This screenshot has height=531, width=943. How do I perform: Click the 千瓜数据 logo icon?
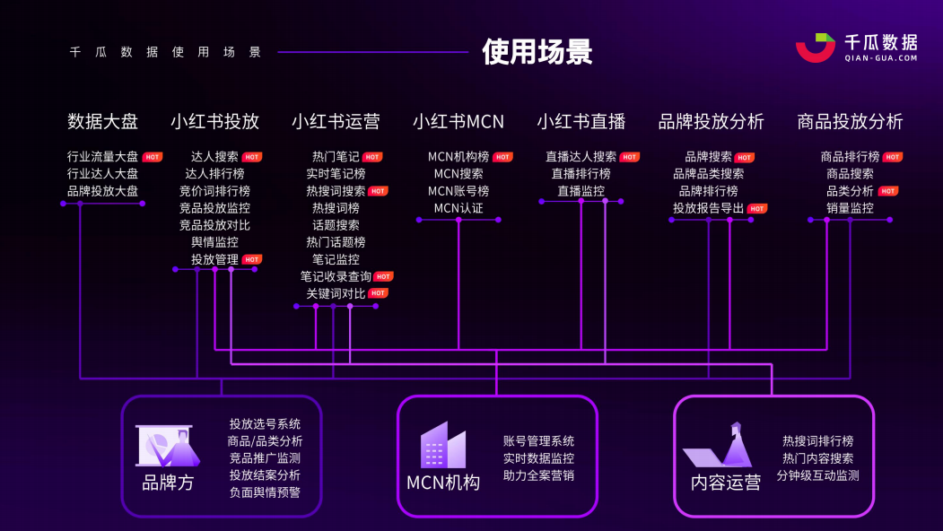pyautogui.click(x=815, y=48)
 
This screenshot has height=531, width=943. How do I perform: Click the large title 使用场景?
pyautogui.click(x=537, y=51)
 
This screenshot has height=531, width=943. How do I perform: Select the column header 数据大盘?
pyautogui.click(x=103, y=121)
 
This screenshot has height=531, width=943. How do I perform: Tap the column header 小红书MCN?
pyautogui.click(x=458, y=121)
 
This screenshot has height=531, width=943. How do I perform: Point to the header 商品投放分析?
pyautogui.click(x=850, y=121)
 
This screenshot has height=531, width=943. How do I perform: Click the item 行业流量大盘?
pyautogui.click(x=103, y=157)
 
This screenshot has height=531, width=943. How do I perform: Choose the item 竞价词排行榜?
pyautogui.click(x=214, y=191)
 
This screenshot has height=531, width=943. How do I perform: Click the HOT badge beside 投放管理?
pyautogui.click(x=252, y=260)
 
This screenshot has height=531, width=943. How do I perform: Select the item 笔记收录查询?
pyautogui.click(x=336, y=276)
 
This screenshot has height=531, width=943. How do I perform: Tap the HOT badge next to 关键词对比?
pyautogui.click(x=379, y=293)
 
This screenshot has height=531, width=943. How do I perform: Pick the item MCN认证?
pyautogui.click(x=458, y=208)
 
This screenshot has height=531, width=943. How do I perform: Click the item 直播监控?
pyautogui.click(x=581, y=191)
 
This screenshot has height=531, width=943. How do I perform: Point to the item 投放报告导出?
pyautogui.click(x=708, y=208)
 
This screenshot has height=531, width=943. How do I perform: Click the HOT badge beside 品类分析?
pyautogui.click(x=888, y=191)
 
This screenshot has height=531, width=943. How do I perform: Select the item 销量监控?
pyautogui.click(x=850, y=208)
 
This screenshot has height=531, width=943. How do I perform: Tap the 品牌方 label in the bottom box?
pyautogui.click(x=168, y=483)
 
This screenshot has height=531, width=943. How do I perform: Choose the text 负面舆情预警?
pyautogui.click(x=265, y=492)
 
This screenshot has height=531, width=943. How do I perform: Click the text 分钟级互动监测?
pyautogui.click(x=817, y=475)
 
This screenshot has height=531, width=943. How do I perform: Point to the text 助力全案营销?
pyautogui.click(x=538, y=475)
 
